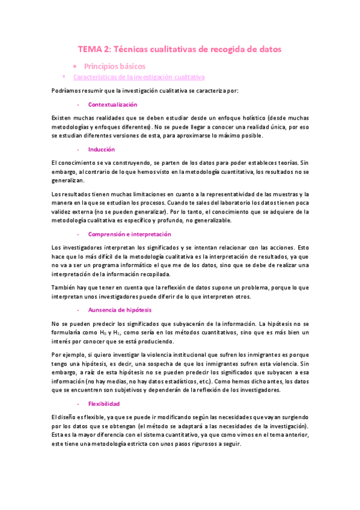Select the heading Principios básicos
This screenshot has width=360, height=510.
click(114, 66)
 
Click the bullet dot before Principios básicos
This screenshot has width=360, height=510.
click(73, 66)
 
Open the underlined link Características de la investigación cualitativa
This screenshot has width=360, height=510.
click(138, 78)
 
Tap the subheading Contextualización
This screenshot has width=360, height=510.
click(112, 104)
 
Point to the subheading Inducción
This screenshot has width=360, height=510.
click(101, 149)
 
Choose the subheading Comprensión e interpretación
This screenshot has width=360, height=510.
click(129, 234)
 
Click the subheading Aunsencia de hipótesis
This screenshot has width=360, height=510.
click(120, 310)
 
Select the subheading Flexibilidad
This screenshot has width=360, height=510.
click(104, 404)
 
